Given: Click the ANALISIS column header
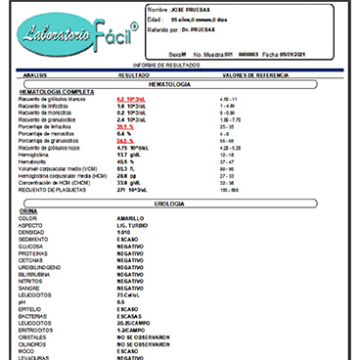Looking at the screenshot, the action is [34, 73].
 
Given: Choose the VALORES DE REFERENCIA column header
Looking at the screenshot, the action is [251, 73].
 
